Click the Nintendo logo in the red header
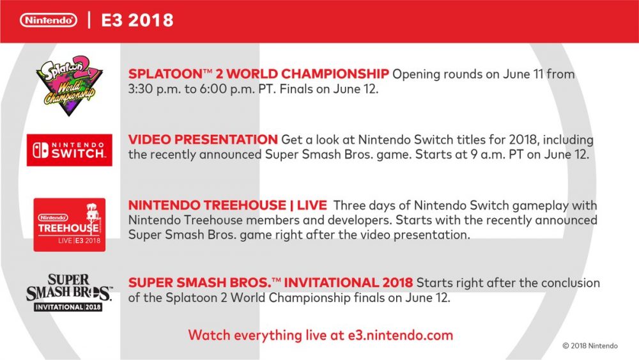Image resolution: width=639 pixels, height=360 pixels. [49, 20]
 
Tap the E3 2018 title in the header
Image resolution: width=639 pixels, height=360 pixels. [137, 20]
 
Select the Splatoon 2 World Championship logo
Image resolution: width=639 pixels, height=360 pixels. [69, 85]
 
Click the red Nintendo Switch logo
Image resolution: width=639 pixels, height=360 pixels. [69, 150]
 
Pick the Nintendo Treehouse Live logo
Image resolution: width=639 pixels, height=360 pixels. [69, 224]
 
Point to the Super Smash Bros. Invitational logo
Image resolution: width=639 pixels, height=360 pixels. [69, 292]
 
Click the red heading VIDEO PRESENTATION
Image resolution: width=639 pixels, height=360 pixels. [203, 139]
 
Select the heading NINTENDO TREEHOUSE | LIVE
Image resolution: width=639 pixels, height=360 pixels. [227, 205]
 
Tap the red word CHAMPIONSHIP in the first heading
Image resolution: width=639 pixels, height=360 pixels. [335, 74]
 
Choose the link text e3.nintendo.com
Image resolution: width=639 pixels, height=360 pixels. [400, 335]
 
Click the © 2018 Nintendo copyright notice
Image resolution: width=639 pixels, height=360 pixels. [590, 346]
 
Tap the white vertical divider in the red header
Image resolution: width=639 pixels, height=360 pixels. [89, 20]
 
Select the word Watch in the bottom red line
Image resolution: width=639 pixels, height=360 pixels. [209, 335]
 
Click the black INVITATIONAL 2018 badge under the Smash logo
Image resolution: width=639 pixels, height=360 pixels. [68, 307]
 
